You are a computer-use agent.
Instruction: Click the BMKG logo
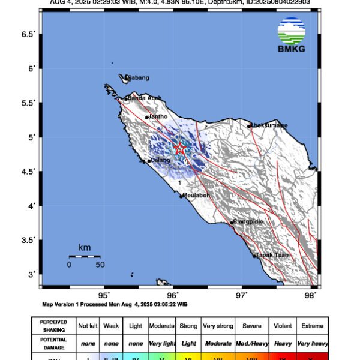[x=292, y=35]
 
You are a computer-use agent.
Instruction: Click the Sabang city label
[x=137, y=78]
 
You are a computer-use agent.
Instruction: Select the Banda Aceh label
[x=145, y=98]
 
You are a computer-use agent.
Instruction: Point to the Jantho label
[x=157, y=117]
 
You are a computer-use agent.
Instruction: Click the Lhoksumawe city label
[x=269, y=125]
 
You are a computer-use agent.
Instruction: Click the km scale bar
[x=84, y=256]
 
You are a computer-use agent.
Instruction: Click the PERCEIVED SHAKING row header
[x=53, y=326]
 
